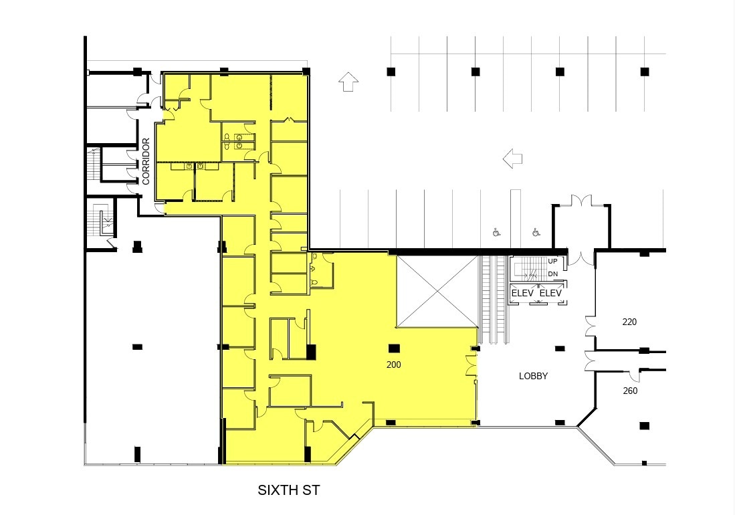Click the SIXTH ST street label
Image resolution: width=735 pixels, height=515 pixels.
click(289, 490)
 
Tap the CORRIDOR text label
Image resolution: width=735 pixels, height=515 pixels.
click(146, 162)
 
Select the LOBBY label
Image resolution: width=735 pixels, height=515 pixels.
click(533, 376)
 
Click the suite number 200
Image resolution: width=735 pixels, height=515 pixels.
click(394, 365)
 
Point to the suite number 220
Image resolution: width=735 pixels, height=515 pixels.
click(629, 322)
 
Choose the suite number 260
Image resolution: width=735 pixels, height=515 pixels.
click(629, 391)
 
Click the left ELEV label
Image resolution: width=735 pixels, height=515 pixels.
click(522, 293)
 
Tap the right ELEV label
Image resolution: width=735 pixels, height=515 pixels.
click(550, 293)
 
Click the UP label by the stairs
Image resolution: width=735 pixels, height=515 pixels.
click(552, 262)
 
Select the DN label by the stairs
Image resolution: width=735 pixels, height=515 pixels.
click(552, 274)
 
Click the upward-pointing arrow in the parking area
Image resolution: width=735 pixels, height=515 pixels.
click(348, 82)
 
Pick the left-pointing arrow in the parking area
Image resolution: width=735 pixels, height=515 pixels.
click(512, 159)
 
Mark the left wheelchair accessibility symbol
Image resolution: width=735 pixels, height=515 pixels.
click(496, 233)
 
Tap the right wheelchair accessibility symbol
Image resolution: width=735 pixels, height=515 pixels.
click(536, 233)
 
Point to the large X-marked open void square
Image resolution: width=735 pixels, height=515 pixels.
click(437, 290)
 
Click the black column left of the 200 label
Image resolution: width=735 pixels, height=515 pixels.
click(311, 352)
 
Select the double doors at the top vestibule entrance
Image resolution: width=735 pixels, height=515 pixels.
click(581, 201)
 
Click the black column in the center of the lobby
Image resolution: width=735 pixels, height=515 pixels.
click(560, 348)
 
